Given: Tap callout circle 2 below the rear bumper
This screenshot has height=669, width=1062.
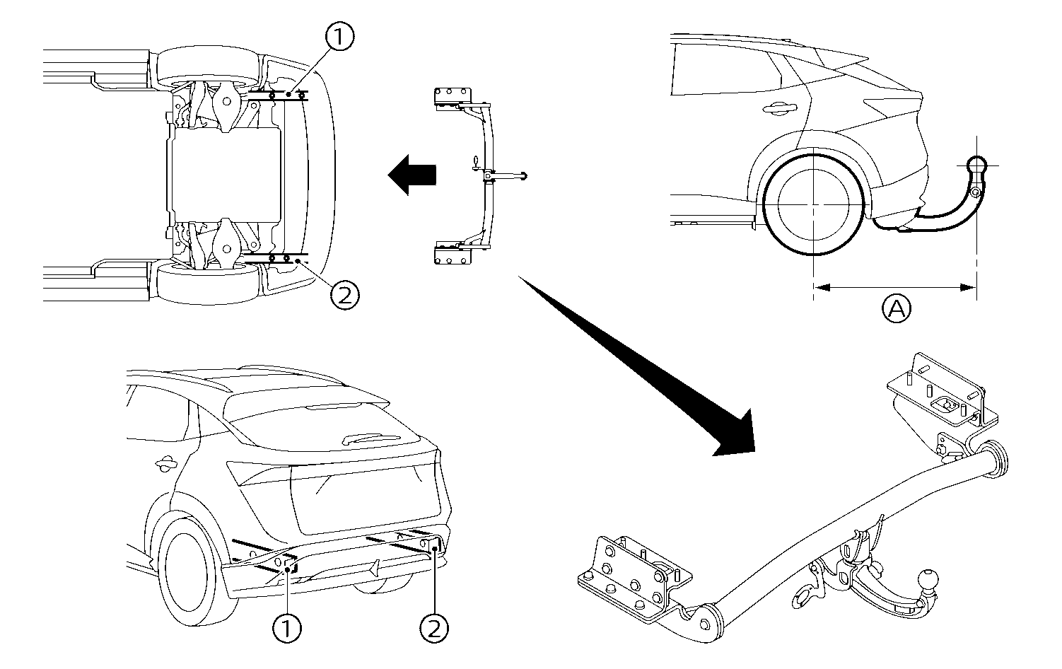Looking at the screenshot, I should [434, 627].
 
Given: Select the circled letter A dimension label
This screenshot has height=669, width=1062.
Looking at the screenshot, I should [896, 309].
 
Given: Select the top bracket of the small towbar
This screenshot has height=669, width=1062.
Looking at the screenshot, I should [450, 98].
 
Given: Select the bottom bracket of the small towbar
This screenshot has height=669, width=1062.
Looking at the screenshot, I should [450, 253].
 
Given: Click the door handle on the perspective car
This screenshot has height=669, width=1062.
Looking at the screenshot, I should [168, 464].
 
